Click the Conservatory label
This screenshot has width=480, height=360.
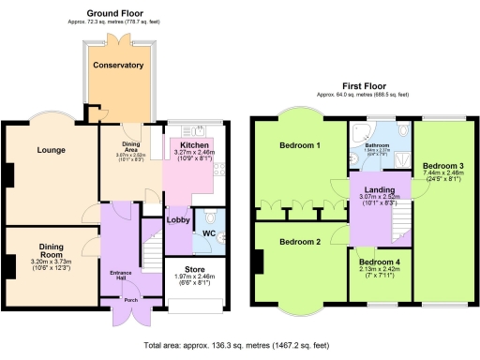(x=118, y=66)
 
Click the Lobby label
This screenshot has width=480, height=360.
(x=177, y=220)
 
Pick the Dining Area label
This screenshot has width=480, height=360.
(x=132, y=146)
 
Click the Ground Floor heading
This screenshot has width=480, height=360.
(x=120, y=12)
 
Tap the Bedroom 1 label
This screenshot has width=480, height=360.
(x=300, y=146)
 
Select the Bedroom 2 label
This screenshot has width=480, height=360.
(x=300, y=242)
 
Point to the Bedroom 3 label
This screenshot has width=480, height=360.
(x=442, y=165)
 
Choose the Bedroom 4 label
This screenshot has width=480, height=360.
(x=380, y=261)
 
